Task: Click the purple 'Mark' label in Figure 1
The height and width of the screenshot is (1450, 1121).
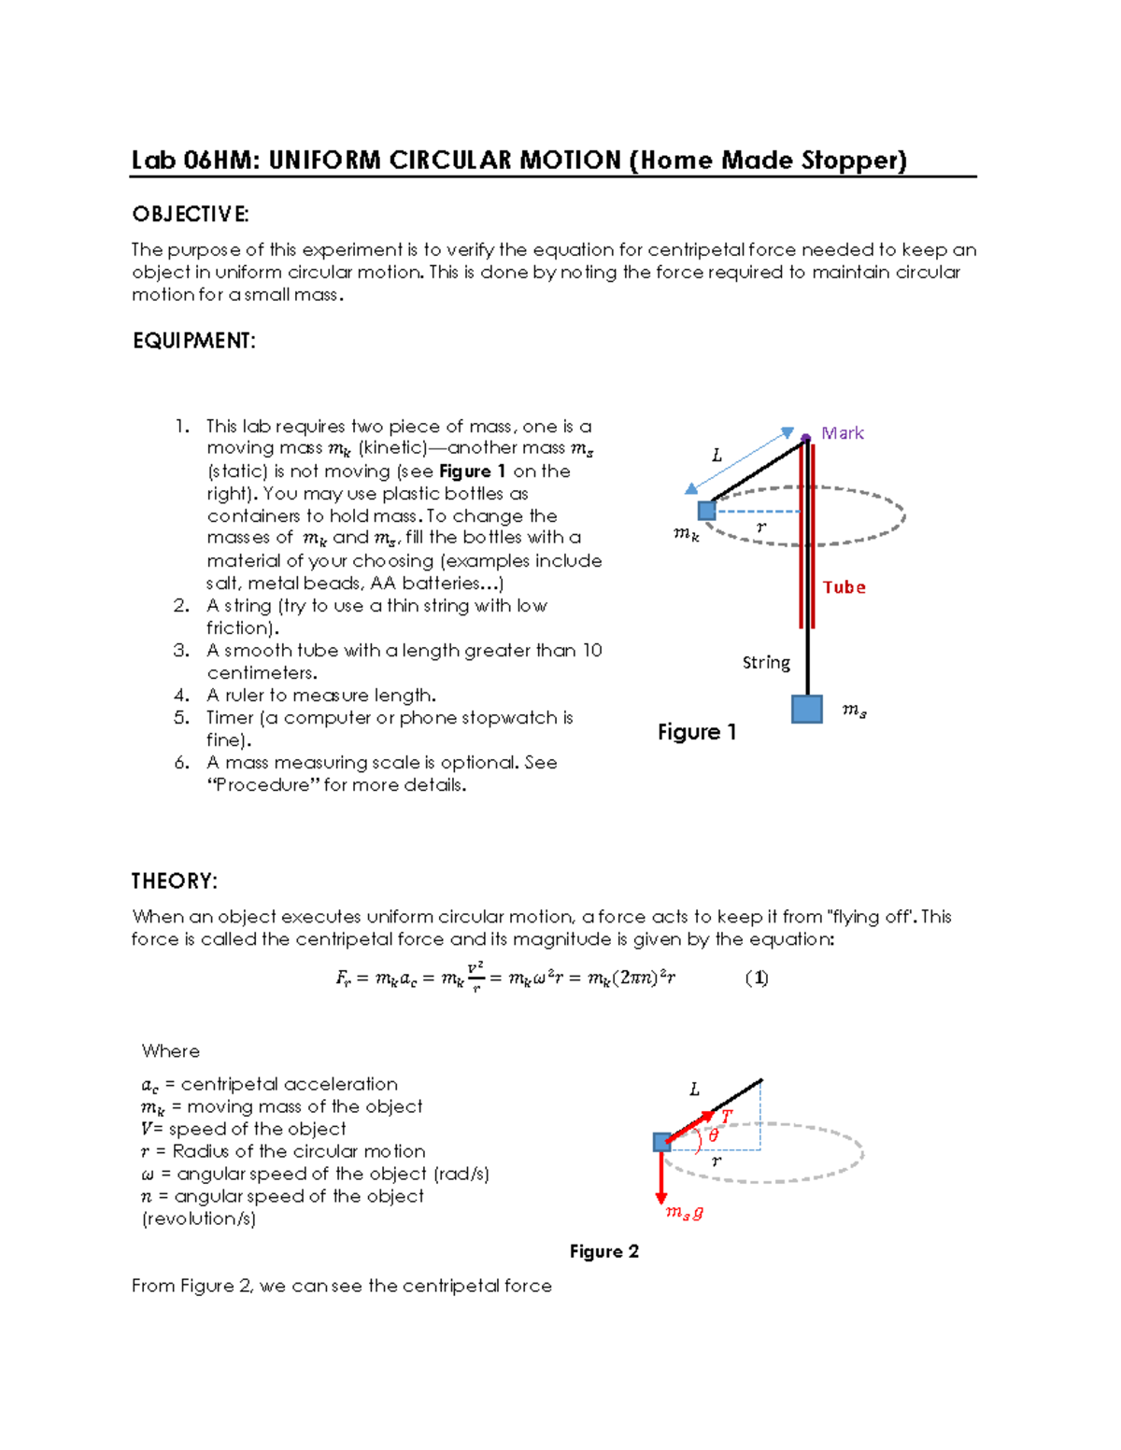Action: coord(842,433)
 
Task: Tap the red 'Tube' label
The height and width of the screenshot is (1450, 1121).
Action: coord(844,587)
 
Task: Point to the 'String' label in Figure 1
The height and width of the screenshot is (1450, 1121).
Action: coord(766,663)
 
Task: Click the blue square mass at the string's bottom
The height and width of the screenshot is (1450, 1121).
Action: coord(806,710)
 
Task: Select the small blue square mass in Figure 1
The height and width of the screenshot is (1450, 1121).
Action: coord(707,511)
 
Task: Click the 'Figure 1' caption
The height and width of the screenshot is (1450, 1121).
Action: coord(697,732)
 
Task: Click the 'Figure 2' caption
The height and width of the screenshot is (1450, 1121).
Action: coord(603,1252)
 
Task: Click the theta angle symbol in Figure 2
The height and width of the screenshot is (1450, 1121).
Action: coord(714,1135)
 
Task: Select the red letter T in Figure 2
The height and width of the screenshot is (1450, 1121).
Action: coord(727,1116)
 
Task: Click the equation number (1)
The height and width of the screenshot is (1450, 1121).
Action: coord(757,978)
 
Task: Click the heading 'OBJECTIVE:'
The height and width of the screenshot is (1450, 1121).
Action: coord(191,215)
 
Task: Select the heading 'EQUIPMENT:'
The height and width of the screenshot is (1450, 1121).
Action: coord(194,341)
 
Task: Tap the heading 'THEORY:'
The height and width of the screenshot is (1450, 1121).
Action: coord(175,881)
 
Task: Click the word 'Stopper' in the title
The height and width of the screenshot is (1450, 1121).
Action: coord(853,161)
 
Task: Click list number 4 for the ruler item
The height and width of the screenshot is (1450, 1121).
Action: coord(182,696)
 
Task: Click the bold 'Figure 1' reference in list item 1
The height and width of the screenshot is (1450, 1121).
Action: coord(472,472)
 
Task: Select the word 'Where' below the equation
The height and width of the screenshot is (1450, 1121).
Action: coord(170,1051)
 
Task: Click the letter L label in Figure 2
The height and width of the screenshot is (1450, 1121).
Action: coord(694,1090)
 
